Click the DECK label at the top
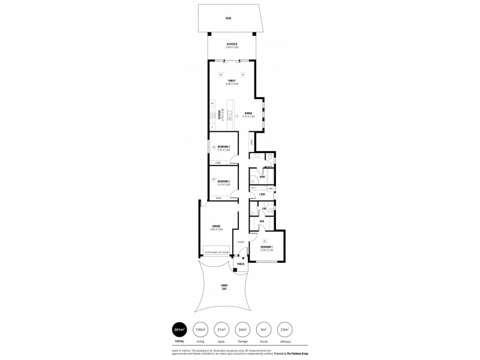click(x=228, y=18)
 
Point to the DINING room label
click(x=248, y=115)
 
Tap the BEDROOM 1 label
click(x=267, y=247)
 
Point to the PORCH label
click(x=241, y=264)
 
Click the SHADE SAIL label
click(x=224, y=287)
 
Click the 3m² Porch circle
click(x=262, y=330)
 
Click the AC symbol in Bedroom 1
click(x=264, y=241)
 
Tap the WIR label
click(x=262, y=221)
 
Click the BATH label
click(x=262, y=178)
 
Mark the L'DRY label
click(x=262, y=195)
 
